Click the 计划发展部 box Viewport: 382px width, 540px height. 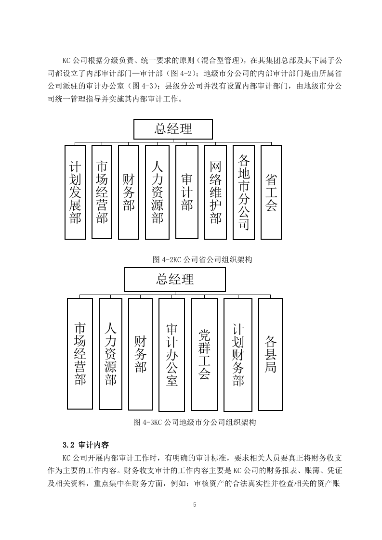tap(75, 192)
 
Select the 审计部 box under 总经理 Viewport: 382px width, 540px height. tap(187, 192)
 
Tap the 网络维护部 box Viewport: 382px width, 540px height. tap(215, 192)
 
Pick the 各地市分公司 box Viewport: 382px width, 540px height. tap(244, 192)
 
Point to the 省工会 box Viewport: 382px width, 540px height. tap(271, 192)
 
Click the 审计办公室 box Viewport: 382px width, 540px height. tap(171, 355)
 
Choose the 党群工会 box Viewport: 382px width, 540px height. tap(204, 354)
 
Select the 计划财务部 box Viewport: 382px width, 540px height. tap(238, 355)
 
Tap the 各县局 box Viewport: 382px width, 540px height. tap(270, 354)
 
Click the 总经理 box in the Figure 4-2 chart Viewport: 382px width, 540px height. tap(173, 129)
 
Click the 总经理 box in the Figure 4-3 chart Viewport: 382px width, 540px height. tap(175, 279)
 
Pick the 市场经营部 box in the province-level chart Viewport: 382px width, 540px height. tap(102, 192)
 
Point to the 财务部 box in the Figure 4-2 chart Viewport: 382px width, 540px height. tap(129, 192)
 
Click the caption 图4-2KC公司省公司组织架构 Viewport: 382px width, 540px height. tap(202, 259)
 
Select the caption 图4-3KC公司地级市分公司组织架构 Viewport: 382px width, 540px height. tap(195, 422)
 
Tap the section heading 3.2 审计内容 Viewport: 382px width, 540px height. tap(86, 445)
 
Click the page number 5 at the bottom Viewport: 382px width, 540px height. tap(195, 505)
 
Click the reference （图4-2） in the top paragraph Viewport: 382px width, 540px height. tap(180, 73)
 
